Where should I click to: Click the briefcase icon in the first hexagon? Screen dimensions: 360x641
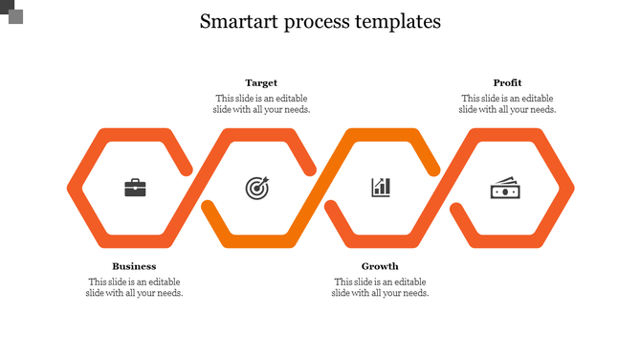coord(135,188)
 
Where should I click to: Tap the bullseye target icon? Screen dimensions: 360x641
coord(257,188)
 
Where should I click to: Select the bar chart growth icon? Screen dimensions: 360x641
coord(381,187)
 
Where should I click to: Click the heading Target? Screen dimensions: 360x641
coord(261,83)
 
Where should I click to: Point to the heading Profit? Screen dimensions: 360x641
coord(507,83)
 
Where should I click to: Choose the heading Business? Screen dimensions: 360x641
coord(134,266)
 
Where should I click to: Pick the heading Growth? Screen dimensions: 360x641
coord(380,266)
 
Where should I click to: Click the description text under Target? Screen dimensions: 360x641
coord(261,103)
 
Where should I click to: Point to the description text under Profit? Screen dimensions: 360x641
coord(507,103)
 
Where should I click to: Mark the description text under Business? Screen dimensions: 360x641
coord(134,287)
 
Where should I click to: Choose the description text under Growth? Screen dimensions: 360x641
coord(380,287)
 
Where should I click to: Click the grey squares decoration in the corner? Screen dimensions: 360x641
coord(11,11)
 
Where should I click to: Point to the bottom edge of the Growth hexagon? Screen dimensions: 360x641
coord(381,240)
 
